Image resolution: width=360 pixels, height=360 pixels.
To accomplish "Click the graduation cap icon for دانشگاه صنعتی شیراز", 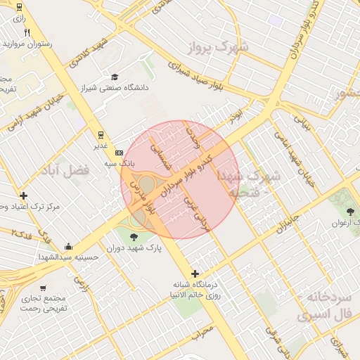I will pos(115,77).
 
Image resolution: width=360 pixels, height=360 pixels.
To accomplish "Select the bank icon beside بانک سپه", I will pos(118,153).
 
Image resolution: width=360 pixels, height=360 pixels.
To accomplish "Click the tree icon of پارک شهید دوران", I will pos(134,237).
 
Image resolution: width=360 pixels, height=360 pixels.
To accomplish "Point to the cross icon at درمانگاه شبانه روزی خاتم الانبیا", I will pos(195,274).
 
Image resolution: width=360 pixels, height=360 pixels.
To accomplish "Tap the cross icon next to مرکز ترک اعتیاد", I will pos(24,195).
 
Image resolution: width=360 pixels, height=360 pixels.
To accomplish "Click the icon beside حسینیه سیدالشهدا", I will pos(68,247).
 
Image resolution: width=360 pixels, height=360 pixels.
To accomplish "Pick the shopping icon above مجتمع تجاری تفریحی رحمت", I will pos(44,288).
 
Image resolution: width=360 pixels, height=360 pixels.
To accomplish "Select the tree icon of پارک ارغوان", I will pos(350,211).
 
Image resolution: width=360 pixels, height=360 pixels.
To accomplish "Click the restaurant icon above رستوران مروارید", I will pos(27,32).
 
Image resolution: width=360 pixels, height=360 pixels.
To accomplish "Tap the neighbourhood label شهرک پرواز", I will pos(219,48).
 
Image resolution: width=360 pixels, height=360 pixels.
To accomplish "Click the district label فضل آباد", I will pos(67,171).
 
